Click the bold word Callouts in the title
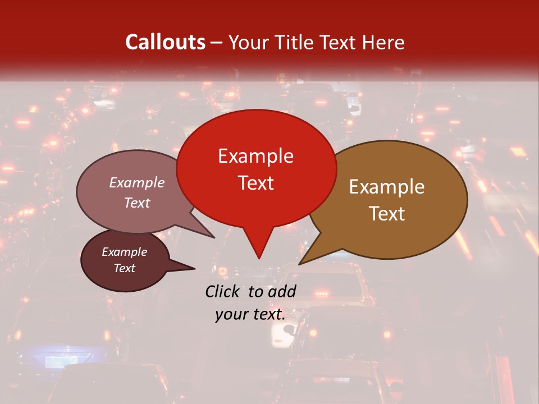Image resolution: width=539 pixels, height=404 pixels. click(x=165, y=42)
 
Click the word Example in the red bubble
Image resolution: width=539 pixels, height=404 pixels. click(x=255, y=156)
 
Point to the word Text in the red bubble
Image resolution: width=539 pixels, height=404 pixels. click(x=256, y=182)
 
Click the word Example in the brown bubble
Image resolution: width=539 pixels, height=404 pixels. click(x=387, y=187)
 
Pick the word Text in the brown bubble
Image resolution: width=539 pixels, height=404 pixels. click(x=387, y=213)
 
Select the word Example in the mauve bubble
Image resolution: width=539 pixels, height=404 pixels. click(x=136, y=183)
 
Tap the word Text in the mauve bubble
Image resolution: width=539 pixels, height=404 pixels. click(x=137, y=203)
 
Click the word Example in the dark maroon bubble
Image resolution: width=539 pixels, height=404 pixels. click(x=124, y=252)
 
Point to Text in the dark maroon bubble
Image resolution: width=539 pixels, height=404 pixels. click(x=125, y=268)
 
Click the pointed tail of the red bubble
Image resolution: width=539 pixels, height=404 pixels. click(x=259, y=255)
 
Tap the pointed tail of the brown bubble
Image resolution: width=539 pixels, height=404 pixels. click(x=302, y=262)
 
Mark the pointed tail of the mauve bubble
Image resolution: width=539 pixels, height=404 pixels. click(x=212, y=236)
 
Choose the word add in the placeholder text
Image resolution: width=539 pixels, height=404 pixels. click(x=282, y=291)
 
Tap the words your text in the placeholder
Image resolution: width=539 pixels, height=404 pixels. click(x=250, y=314)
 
